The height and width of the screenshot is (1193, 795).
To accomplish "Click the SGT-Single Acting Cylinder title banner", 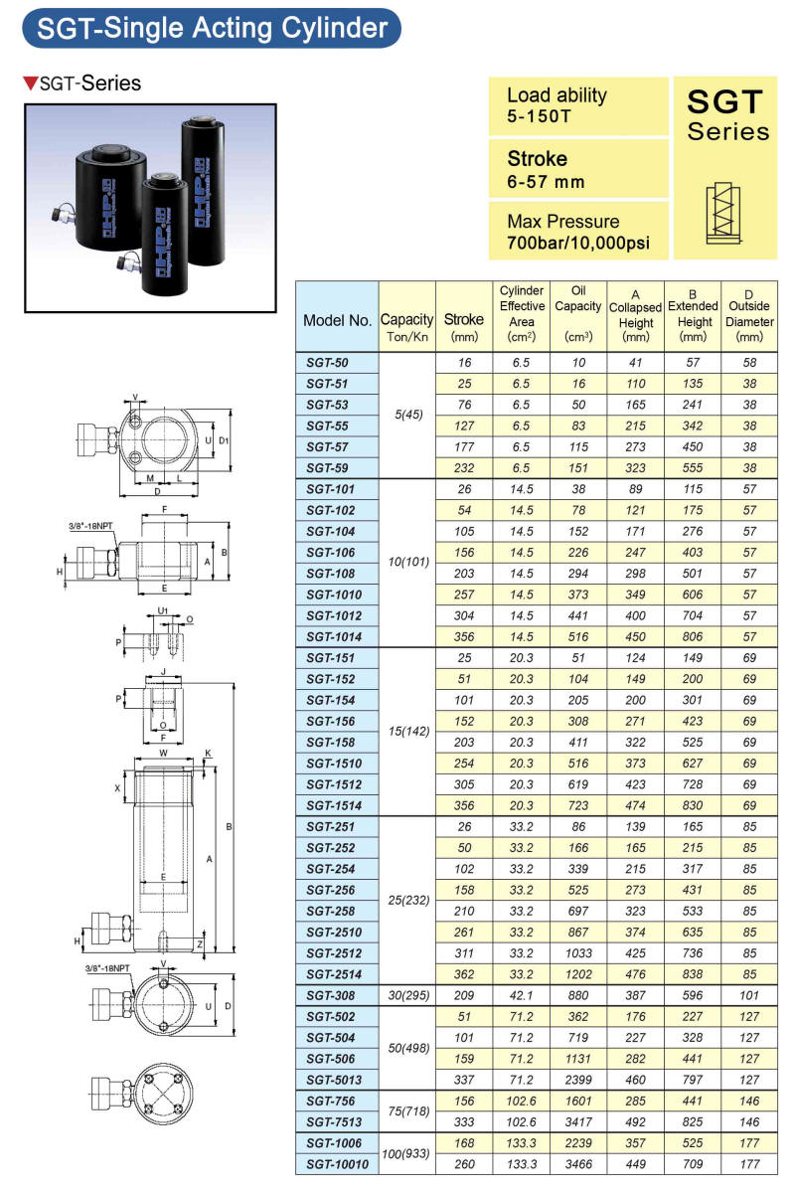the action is coord(212,28).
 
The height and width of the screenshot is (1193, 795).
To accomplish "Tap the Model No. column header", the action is coord(337,320).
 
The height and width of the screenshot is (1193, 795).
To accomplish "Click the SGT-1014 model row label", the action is coord(334,636).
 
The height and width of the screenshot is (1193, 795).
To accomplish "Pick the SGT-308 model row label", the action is coord(330,995).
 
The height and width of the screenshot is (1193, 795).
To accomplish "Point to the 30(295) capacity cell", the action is coord(408,995).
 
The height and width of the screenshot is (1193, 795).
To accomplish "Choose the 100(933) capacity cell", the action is coord(405,1153).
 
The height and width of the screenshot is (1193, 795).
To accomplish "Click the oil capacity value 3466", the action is coord(578,1164).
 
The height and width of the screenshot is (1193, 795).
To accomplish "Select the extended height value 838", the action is coord(693,974).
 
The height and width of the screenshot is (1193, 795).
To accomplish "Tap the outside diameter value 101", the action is coord(748,995).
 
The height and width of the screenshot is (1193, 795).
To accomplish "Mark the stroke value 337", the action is coord(464,1080).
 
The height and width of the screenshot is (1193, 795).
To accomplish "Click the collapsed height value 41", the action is coord(635,363).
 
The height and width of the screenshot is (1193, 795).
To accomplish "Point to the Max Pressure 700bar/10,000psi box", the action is coord(578,231).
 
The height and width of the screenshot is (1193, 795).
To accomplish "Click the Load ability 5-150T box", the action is coord(578,106).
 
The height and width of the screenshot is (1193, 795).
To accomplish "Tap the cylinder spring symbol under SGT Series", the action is coord(723,213).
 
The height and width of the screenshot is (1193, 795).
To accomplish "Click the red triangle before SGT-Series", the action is coord(31,84).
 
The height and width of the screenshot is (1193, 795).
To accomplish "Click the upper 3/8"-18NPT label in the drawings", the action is coord(90,526).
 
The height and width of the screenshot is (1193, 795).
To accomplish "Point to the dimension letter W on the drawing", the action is coord(164,754).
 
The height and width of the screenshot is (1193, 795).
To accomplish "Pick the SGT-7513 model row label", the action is coord(334,1122).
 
